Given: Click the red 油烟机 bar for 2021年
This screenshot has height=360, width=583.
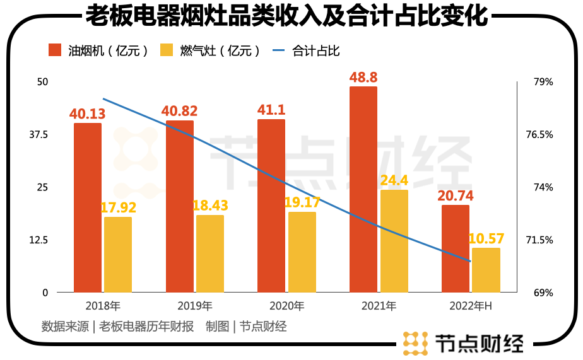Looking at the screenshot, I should pos(363,189).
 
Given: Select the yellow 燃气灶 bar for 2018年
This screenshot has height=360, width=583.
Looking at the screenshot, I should pos(118,255).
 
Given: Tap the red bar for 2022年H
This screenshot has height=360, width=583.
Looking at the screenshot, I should pos(455,248).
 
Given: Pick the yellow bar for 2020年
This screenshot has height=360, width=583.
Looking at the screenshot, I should pos(302,252).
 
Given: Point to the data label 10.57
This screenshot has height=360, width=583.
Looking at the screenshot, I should pos(486,238).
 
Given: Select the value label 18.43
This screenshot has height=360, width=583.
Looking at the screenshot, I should pos(210,206).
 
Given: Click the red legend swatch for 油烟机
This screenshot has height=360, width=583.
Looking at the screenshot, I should pos(55,50).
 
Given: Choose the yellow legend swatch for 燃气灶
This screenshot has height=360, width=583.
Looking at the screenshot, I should pos(167,50).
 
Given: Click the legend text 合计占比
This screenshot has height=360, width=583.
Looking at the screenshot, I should pos(316,51).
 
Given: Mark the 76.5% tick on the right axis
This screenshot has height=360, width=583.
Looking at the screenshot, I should pos(539,134).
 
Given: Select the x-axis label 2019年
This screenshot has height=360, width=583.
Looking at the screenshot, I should pos(196,306).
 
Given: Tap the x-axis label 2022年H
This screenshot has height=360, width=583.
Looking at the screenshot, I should pos(471,306).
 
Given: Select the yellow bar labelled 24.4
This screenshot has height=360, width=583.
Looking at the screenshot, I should pos(394,241).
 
